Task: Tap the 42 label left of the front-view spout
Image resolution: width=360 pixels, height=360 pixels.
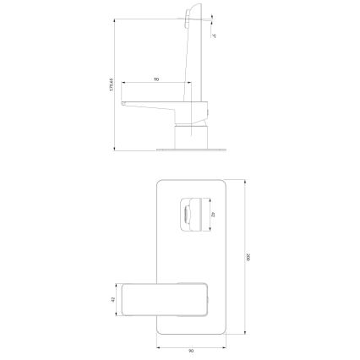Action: (x=113, y=300)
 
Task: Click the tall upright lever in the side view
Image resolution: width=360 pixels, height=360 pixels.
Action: (x=192, y=51)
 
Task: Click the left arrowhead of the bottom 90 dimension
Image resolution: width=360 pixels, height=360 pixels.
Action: (x=159, y=343)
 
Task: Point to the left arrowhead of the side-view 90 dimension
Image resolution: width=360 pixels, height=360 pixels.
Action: (x=123, y=83)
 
